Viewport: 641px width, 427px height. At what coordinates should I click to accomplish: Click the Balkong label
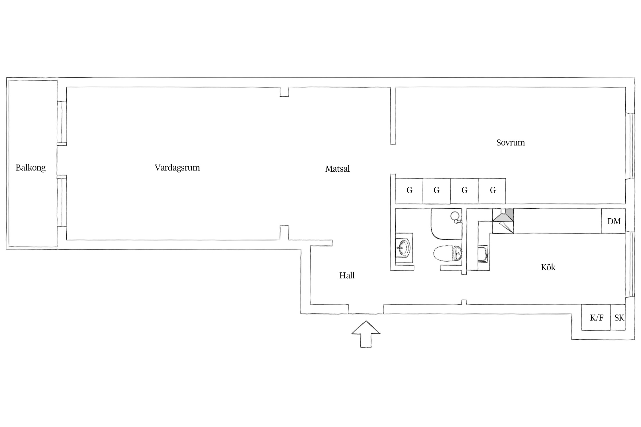(x=30, y=168)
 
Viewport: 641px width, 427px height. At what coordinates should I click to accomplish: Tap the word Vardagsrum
(x=177, y=168)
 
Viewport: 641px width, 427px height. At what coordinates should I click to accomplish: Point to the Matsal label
(x=337, y=169)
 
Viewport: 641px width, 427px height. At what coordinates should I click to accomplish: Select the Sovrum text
(x=511, y=143)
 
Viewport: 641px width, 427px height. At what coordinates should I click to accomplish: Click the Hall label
(x=347, y=275)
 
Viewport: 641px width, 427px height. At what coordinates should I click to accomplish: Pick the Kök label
(x=548, y=267)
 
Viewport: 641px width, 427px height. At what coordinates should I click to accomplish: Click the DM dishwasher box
(x=613, y=221)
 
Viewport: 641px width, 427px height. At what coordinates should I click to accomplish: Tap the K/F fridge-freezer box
(x=596, y=317)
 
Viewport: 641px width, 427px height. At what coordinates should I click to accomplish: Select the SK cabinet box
(x=618, y=317)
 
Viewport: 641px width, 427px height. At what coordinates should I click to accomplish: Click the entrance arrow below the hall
(x=366, y=334)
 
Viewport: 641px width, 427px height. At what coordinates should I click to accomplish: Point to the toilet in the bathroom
(x=448, y=253)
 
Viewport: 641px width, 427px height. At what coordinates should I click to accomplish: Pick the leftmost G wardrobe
(x=409, y=191)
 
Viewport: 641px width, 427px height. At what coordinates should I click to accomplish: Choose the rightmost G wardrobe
(x=492, y=191)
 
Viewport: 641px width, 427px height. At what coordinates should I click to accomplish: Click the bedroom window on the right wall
(x=630, y=146)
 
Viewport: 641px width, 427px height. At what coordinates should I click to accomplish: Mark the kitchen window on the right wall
(x=630, y=264)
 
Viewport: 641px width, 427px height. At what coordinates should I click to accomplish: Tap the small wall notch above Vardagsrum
(x=284, y=92)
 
